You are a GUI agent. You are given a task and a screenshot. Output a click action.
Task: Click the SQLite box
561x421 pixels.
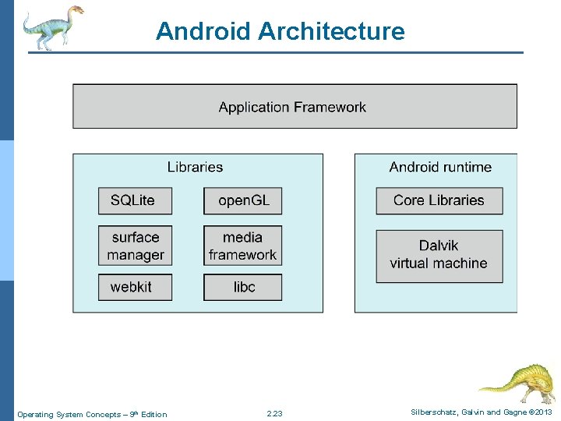135,201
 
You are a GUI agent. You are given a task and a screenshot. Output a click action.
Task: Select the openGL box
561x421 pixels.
243,201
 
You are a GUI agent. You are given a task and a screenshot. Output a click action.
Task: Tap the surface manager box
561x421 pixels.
135,246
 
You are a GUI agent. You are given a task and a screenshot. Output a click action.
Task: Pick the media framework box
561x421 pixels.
243,246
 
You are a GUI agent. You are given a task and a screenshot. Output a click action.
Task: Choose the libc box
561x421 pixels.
243,287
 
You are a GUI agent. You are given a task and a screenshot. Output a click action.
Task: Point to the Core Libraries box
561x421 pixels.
439,201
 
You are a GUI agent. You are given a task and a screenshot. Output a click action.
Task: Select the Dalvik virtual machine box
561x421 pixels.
439,256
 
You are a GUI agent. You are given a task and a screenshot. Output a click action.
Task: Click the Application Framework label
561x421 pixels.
292,108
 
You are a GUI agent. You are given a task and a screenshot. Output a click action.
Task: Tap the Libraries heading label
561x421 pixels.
195,167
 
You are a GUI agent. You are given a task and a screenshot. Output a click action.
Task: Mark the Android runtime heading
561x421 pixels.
440,167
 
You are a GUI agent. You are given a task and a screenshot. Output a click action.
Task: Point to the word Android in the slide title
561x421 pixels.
203,31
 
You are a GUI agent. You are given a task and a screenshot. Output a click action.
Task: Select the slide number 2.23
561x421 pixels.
274,413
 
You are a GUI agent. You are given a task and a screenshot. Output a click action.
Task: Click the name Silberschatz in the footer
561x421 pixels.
435,412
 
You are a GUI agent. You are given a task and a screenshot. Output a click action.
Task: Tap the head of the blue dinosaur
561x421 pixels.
75,10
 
